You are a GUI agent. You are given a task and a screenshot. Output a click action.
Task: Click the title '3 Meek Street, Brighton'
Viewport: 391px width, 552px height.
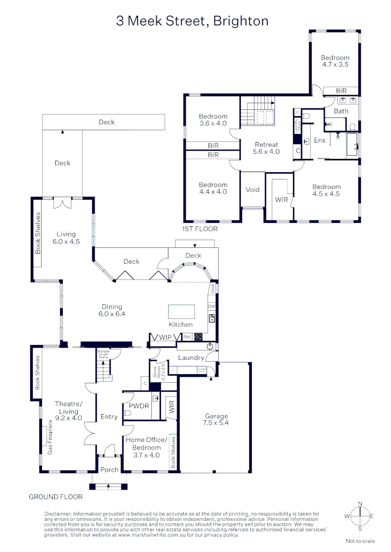pyautogui.click(x=192, y=21)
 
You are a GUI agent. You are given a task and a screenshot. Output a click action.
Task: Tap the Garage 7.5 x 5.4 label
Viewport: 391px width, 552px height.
pyautogui.click(x=215, y=420)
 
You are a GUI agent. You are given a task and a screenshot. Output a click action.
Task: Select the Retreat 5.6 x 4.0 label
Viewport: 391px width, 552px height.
pyautogui.click(x=266, y=148)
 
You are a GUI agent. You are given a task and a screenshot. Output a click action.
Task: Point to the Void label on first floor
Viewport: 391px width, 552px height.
pyautogui.click(x=253, y=190)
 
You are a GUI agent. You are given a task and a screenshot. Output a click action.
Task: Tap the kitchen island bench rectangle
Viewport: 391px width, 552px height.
pyautogui.click(x=182, y=311)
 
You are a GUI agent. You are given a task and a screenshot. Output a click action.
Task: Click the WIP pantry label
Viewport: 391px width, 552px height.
pyautogui.click(x=165, y=337)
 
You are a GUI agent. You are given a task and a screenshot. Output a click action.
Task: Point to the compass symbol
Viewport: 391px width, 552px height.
pyautogui.click(x=360, y=516)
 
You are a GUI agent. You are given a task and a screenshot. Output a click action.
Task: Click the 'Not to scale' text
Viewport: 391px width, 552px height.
pyautogui.click(x=360, y=541)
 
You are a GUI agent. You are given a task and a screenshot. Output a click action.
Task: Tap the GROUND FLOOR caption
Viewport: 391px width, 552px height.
pyautogui.click(x=55, y=497)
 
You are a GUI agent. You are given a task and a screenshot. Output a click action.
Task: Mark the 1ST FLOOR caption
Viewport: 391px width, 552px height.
pyautogui.click(x=200, y=229)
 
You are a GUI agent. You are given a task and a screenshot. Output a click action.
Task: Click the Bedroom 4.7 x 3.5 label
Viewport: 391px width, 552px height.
pyautogui.click(x=335, y=61)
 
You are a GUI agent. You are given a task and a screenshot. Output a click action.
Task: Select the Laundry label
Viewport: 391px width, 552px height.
pyautogui.click(x=191, y=358)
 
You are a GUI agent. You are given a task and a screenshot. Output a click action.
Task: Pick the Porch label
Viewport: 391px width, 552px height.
pyautogui.click(x=109, y=470)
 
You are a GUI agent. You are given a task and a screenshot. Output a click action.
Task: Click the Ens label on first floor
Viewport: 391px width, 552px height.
pyautogui.click(x=319, y=140)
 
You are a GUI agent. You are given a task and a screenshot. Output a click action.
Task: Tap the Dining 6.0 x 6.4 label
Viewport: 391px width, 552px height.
pyautogui.click(x=112, y=311)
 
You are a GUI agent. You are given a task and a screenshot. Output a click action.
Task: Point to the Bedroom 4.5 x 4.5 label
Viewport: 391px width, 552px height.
pyautogui.click(x=327, y=190)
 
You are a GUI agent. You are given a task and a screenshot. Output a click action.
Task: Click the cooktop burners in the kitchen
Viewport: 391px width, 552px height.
pyautogui.click(x=198, y=337)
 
